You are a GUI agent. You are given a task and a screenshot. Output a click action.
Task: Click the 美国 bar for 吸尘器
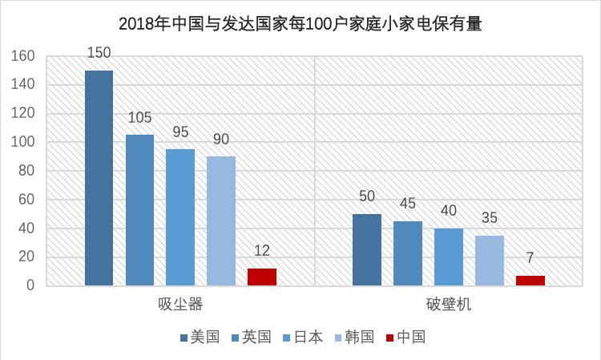click(x=99, y=178)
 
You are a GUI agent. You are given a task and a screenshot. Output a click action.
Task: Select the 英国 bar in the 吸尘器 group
click(x=139, y=210)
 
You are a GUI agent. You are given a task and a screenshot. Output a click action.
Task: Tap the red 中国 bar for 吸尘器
click(x=261, y=277)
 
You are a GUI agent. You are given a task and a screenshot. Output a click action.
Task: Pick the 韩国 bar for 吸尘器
click(x=221, y=220)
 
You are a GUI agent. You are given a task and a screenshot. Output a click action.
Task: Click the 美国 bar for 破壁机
click(x=367, y=249)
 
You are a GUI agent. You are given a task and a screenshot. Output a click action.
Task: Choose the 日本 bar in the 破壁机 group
click(x=449, y=257)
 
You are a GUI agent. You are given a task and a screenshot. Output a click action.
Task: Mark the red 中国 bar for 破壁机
click(x=530, y=281)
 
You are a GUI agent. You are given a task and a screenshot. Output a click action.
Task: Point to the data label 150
click(x=99, y=54)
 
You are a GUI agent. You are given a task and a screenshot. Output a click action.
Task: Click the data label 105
click(x=140, y=118)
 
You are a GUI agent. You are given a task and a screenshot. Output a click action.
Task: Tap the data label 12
click(x=261, y=252)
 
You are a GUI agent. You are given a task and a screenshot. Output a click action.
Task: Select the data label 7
click(x=530, y=259)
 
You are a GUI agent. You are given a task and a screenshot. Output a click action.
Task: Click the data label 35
click(x=490, y=219)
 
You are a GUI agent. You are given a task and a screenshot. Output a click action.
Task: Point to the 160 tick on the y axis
click(x=23, y=56)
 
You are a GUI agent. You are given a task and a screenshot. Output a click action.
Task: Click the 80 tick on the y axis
click(x=27, y=171)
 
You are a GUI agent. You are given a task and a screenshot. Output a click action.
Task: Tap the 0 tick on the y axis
click(x=31, y=285)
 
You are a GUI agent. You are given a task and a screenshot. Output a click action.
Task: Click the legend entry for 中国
click(x=405, y=337)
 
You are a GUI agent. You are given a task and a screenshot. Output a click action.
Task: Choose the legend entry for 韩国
click(x=353, y=337)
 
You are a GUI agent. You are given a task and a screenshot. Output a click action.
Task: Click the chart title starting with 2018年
click(x=300, y=23)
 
